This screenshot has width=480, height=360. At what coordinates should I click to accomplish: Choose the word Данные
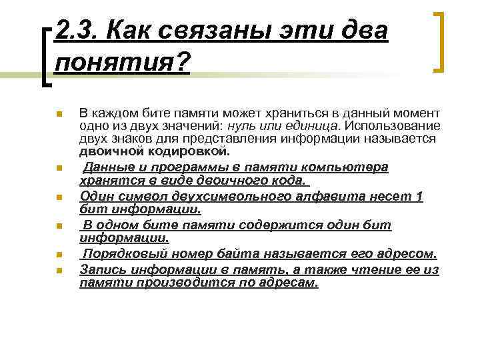[107, 167]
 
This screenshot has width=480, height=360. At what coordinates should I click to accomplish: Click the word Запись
[101, 269]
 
